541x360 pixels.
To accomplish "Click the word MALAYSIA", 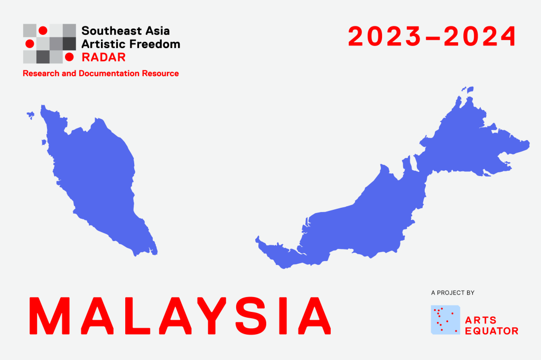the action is coord(180,316).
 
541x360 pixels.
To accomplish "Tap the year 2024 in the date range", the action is coord(480,36).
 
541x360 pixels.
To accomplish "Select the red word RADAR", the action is coord(104,57).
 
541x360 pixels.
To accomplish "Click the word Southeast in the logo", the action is coord(109,31).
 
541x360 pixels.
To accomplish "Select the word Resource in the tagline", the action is coord(161,73).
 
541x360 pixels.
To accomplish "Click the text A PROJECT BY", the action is coord(453,293).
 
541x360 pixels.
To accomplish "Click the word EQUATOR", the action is coord(492,331).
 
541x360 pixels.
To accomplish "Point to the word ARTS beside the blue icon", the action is coord(481,320).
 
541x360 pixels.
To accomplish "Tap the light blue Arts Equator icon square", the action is coord(445,320).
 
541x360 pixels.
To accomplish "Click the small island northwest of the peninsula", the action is coord(31,115).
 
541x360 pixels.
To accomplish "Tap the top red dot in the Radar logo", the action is coord(43,31).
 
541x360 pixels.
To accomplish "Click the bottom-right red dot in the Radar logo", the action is coord(69,57).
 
